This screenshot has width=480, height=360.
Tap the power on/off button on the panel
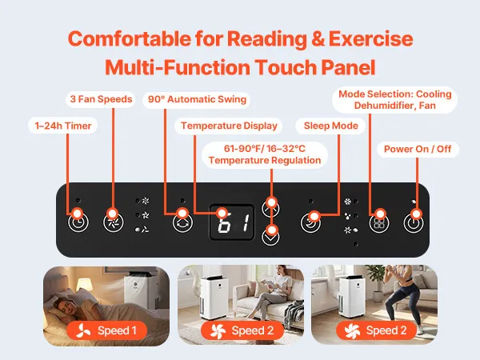click(414, 223)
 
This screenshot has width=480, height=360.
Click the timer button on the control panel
click(78, 222)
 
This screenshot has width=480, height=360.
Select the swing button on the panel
click(182, 222)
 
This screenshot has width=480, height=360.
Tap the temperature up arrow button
click(270, 208)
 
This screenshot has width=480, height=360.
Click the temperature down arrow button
click(270, 236)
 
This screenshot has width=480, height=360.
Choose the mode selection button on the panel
click(379, 223)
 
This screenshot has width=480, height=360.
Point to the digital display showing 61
click(232, 222)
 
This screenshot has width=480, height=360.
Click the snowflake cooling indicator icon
click(347, 202)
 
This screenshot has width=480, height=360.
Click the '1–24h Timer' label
click(62, 126)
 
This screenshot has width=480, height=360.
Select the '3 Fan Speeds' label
click(101, 99)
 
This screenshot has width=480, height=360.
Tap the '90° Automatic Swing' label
click(197, 99)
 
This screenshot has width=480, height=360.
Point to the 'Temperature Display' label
click(229, 126)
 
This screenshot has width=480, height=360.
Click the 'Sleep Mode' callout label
click(330, 126)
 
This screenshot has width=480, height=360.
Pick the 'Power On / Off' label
click(418, 150)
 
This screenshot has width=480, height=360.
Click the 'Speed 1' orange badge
click(107, 330)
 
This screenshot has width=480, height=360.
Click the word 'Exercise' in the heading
click(371, 39)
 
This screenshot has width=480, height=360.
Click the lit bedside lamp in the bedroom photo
click(84, 286)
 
